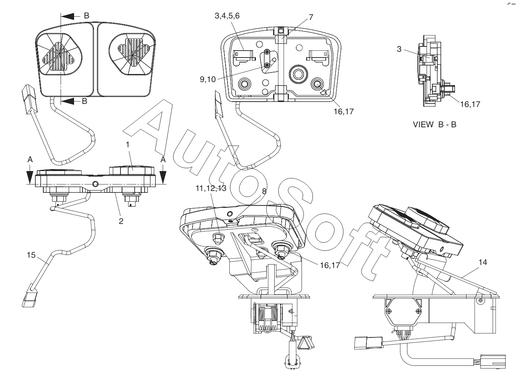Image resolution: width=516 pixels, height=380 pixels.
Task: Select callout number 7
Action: (311, 17)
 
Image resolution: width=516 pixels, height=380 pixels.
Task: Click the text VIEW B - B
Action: (434, 125)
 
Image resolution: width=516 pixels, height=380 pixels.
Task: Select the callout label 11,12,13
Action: (211, 188)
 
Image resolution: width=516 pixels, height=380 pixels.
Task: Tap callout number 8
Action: (264, 191)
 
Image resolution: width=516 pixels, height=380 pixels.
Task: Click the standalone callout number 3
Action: (399, 49)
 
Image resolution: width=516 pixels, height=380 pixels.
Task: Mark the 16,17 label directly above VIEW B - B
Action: (470, 104)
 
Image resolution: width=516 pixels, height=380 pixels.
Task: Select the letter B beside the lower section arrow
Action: (84, 101)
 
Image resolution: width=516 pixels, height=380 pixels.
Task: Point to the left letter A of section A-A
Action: (30, 160)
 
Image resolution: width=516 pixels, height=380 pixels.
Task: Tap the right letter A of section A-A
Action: (163, 160)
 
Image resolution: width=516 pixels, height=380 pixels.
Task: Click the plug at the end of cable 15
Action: (29, 300)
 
